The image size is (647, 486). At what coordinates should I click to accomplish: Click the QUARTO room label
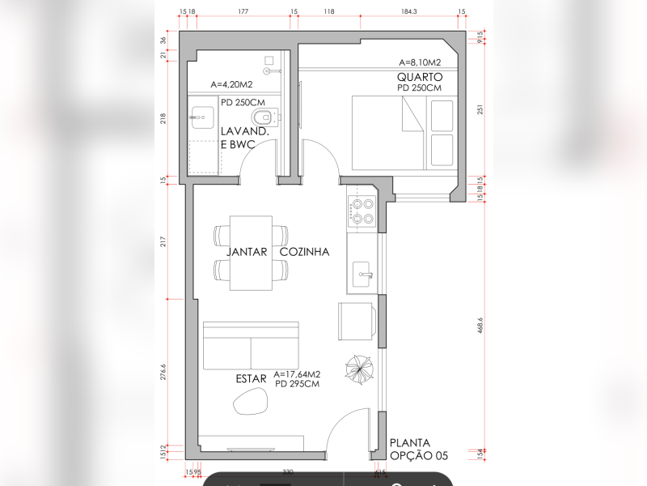420,76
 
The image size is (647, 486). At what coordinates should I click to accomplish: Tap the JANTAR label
247,252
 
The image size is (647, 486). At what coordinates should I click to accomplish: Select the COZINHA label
305,252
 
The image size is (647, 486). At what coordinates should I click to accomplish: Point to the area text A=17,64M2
298,373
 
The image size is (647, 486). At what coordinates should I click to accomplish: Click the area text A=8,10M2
420,62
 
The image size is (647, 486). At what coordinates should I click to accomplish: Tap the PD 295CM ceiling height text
297,384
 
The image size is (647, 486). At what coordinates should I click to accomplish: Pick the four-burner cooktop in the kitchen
362,211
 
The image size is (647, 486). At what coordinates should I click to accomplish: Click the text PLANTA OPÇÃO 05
418,450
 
